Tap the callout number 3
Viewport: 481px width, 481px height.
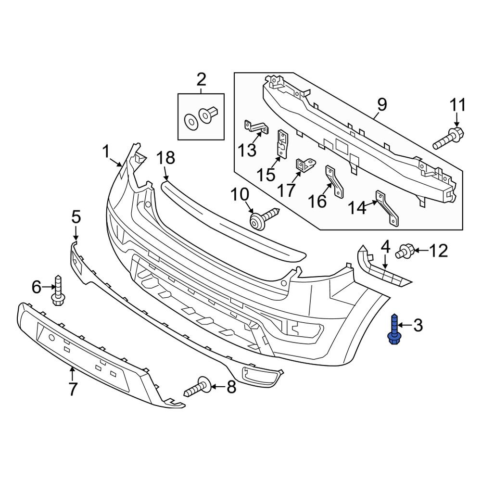[x=418, y=326]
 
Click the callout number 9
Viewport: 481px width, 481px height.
[x=381, y=103]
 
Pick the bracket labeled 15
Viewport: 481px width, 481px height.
[x=282, y=143]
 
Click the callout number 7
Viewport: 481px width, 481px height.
[x=73, y=389]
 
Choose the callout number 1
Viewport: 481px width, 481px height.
[x=106, y=152]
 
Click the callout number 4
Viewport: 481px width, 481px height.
[x=385, y=248]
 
